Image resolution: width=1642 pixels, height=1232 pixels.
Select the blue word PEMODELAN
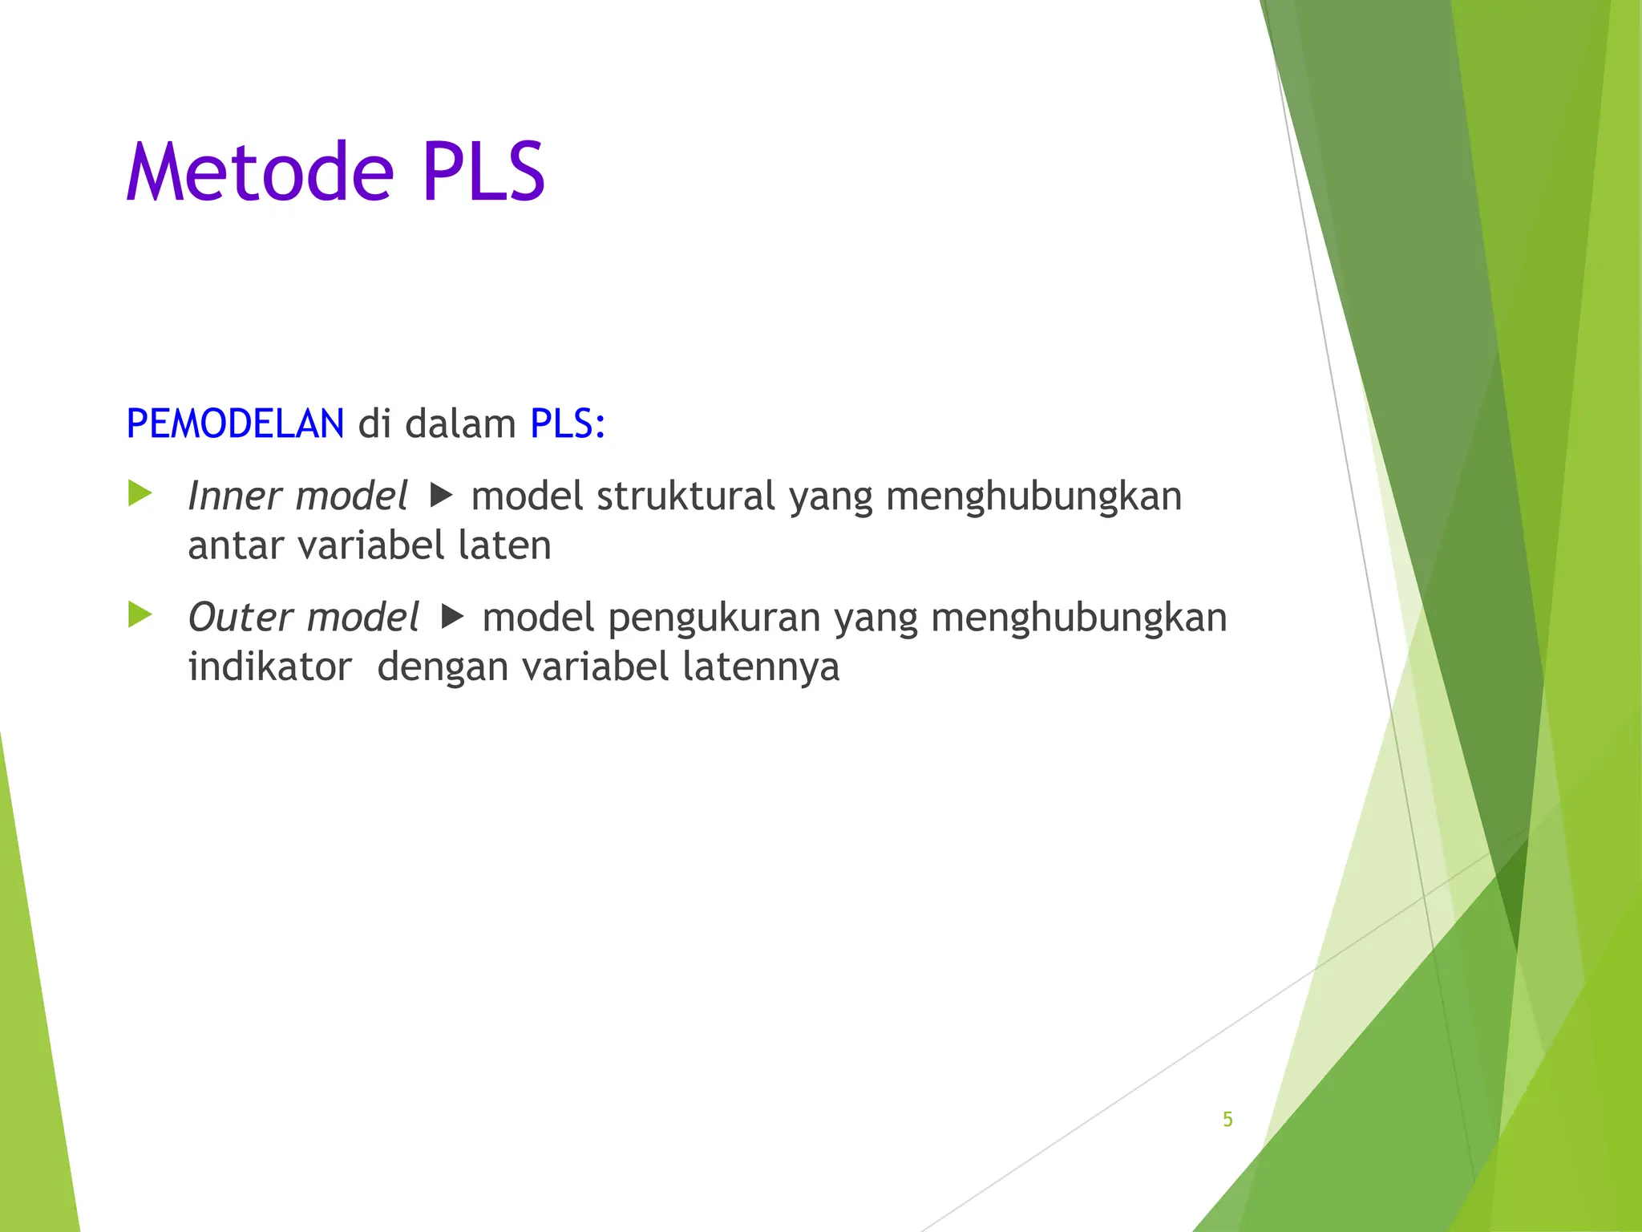(235, 423)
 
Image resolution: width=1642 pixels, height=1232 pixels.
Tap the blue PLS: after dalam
(568, 423)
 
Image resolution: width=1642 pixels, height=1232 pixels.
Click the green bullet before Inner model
(140, 494)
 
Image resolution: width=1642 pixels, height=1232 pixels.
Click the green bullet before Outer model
(140, 615)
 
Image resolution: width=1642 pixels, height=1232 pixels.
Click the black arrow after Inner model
(442, 496)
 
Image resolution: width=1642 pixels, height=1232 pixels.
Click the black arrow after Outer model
(453, 617)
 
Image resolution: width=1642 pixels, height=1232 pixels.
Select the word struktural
(686, 496)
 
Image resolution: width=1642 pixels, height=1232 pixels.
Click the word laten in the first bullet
(504, 545)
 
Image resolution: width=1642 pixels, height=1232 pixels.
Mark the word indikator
(270, 667)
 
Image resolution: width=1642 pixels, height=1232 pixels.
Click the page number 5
(1227, 1119)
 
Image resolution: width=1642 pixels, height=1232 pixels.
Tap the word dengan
(443, 668)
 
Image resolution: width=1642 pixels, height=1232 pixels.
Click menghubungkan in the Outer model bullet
(1078, 618)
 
